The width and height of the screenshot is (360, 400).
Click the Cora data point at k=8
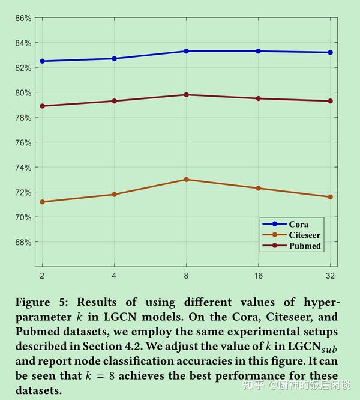pos(186,51)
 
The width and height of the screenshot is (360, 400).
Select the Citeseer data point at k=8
pos(186,180)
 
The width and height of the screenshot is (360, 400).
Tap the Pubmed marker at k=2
pos(42,106)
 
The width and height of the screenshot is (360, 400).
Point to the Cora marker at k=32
pos(330,52)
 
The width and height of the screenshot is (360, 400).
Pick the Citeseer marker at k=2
pos(42,202)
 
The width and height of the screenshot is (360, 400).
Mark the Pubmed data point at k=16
pos(258,98)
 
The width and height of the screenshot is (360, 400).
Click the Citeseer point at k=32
pos(330,197)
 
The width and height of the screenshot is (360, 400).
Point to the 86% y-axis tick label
pos(23,18)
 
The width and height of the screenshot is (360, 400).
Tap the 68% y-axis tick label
pos(23,242)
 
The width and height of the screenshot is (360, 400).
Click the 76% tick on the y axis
pos(23,142)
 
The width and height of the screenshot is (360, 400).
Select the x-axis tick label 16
pos(258,275)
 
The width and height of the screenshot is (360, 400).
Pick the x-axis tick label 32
pos(330,275)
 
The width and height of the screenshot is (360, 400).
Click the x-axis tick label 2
pos(42,275)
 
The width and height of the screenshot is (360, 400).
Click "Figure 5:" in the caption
pos(45,302)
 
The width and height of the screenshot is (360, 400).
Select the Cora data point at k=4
pos(114,58)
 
